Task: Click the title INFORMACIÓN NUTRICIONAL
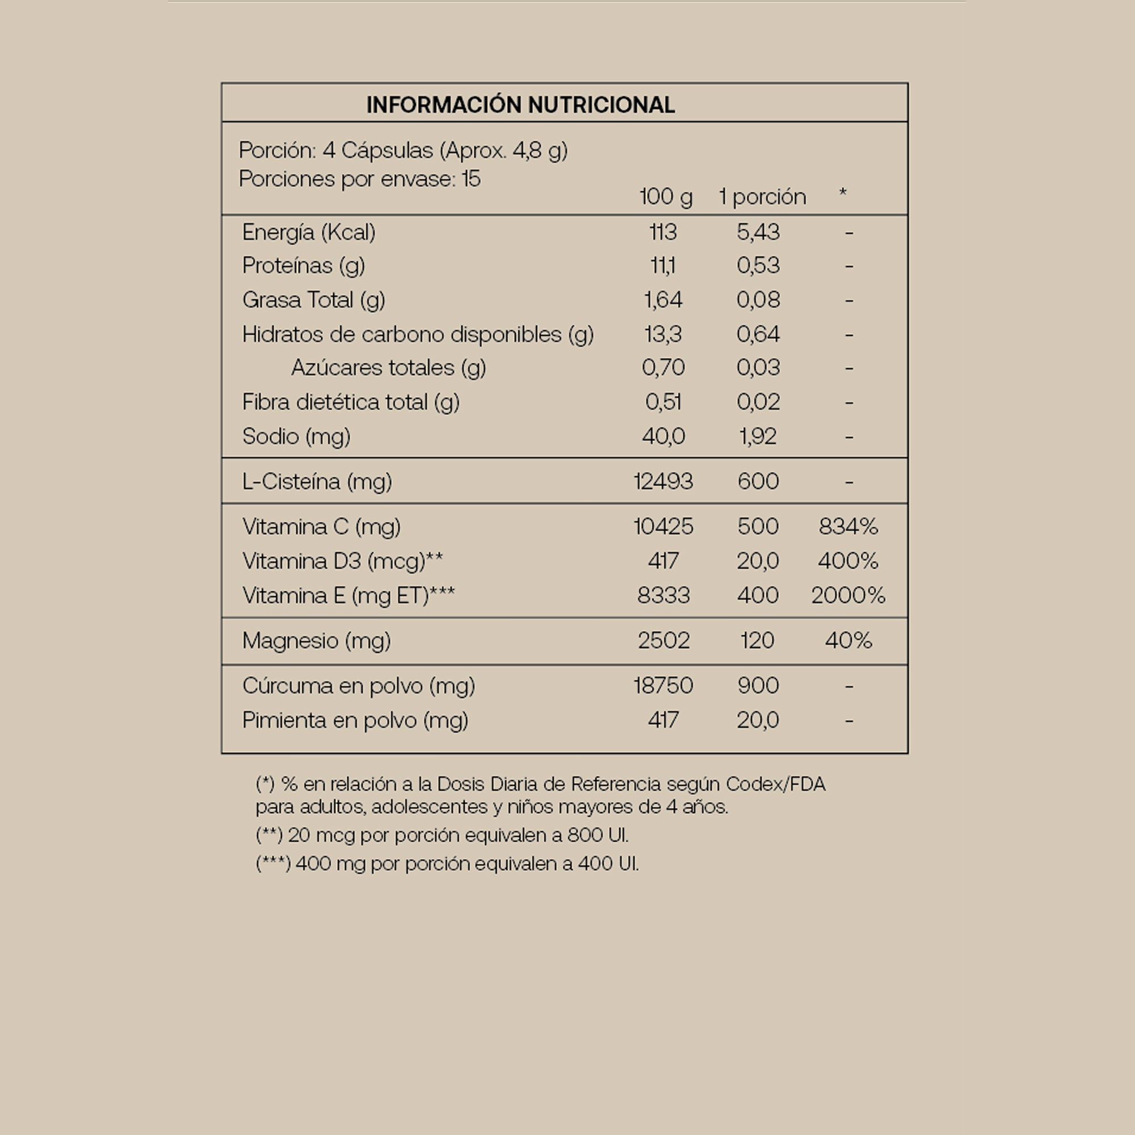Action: (520, 104)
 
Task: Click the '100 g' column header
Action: (666, 197)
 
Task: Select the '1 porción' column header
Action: (762, 197)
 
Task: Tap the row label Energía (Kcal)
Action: (308, 233)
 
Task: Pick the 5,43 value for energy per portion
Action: (758, 233)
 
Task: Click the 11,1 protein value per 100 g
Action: (663, 266)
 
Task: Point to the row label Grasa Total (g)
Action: (313, 300)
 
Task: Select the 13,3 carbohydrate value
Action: (663, 335)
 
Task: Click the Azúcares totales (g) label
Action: (388, 368)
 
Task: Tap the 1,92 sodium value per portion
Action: (758, 436)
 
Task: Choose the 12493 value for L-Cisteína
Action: (663, 482)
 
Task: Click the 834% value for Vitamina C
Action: (848, 527)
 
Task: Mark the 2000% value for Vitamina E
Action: (848, 596)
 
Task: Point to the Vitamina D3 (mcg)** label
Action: (343, 562)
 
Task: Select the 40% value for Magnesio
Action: (848, 640)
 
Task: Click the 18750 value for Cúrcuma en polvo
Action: (663, 686)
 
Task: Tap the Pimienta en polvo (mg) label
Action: (355, 720)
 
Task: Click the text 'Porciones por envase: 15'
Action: (360, 179)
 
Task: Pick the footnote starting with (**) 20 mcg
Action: (442, 835)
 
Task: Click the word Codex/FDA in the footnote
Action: (775, 784)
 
